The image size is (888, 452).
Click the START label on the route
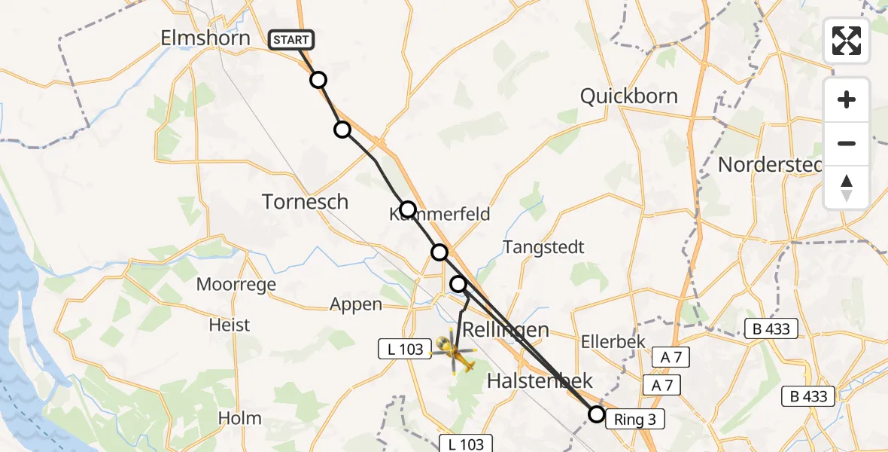291,39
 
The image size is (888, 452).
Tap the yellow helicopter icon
454,351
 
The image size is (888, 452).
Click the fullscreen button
847,41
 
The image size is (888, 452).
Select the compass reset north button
847,188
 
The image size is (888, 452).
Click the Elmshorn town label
205,38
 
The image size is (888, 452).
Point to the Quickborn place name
629,96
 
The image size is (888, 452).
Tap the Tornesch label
306,201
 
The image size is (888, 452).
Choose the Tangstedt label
544,247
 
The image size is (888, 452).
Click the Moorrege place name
236,285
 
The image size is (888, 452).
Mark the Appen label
356,304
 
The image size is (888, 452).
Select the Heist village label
230,325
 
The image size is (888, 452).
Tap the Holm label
239,418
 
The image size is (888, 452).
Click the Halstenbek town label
540,381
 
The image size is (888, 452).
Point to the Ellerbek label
613,341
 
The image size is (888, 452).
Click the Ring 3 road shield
635,420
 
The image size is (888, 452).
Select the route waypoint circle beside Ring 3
597,414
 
